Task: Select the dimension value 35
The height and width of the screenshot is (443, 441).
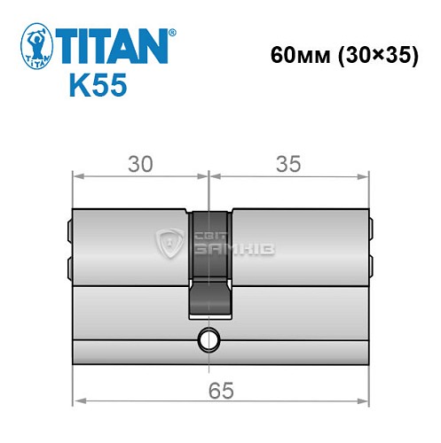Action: coord(288,164)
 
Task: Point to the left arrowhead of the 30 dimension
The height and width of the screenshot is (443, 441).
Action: coord(76,177)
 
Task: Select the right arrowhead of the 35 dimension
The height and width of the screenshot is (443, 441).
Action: coord(366,177)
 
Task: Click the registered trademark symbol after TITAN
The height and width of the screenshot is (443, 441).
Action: coord(172,33)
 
